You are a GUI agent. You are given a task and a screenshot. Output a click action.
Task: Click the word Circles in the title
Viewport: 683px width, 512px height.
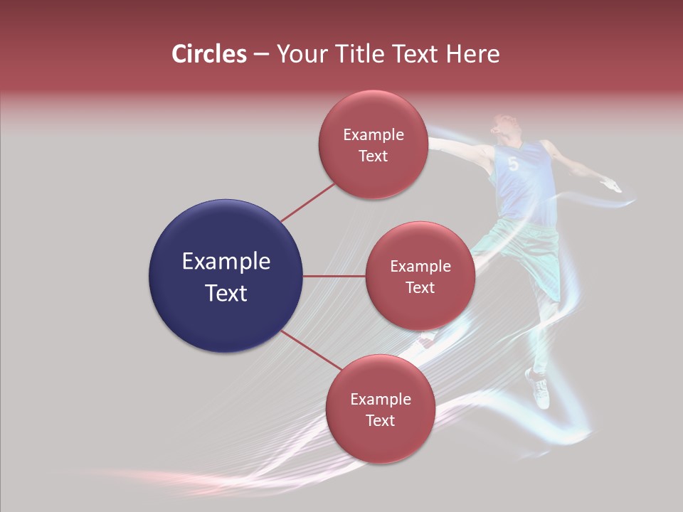click(x=209, y=54)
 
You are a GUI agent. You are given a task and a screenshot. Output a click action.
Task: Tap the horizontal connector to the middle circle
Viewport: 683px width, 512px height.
click(x=334, y=276)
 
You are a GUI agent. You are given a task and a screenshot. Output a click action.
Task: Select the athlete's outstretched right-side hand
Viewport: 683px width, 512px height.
click(x=612, y=187)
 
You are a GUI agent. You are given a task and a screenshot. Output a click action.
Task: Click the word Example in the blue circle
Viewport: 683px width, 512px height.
click(x=226, y=262)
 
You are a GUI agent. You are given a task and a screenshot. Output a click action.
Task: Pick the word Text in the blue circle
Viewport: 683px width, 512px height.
click(x=226, y=293)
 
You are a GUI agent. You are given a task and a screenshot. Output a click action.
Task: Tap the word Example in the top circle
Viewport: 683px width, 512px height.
click(x=373, y=135)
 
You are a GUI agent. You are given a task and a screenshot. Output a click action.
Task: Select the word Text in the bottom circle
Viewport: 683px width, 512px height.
click(x=380, y=420)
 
